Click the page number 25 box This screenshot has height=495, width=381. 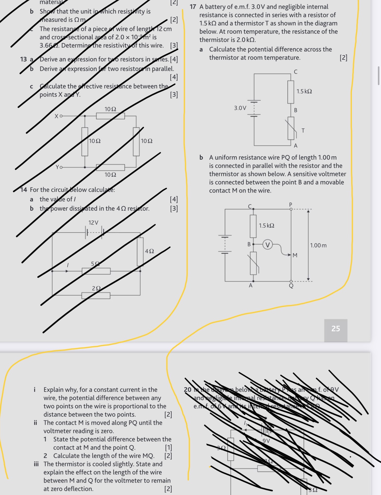[x=336, y=329]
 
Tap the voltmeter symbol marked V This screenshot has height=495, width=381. [x=267, y=245]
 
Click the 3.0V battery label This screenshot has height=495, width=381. [x=240, y=108]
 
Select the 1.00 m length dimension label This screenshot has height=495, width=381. [x=318, y=245]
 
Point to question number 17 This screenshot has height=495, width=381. [x=193, y=7]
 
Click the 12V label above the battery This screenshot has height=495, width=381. [x=93, y=223]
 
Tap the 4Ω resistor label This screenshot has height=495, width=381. [x=149, y=251]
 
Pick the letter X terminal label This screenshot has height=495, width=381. [x=56, y=116]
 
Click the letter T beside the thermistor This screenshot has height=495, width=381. [x=303, y=131]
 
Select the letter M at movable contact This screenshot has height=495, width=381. [x=295, y=255]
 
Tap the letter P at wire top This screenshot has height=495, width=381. [x=291, y=204]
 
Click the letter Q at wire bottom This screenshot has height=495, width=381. [x=291, y=286]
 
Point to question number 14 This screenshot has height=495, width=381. [x=24, y=190]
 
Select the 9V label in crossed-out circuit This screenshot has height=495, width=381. [x=266, y=441]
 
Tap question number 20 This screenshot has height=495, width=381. [x=188, y=390]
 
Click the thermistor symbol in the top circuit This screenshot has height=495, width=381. [x=291, y=128]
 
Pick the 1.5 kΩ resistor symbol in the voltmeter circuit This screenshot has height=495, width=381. [x=253, y=226]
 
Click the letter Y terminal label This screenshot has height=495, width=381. [x=57, y=167]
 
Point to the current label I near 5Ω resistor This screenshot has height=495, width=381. [x=68, y=265]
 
